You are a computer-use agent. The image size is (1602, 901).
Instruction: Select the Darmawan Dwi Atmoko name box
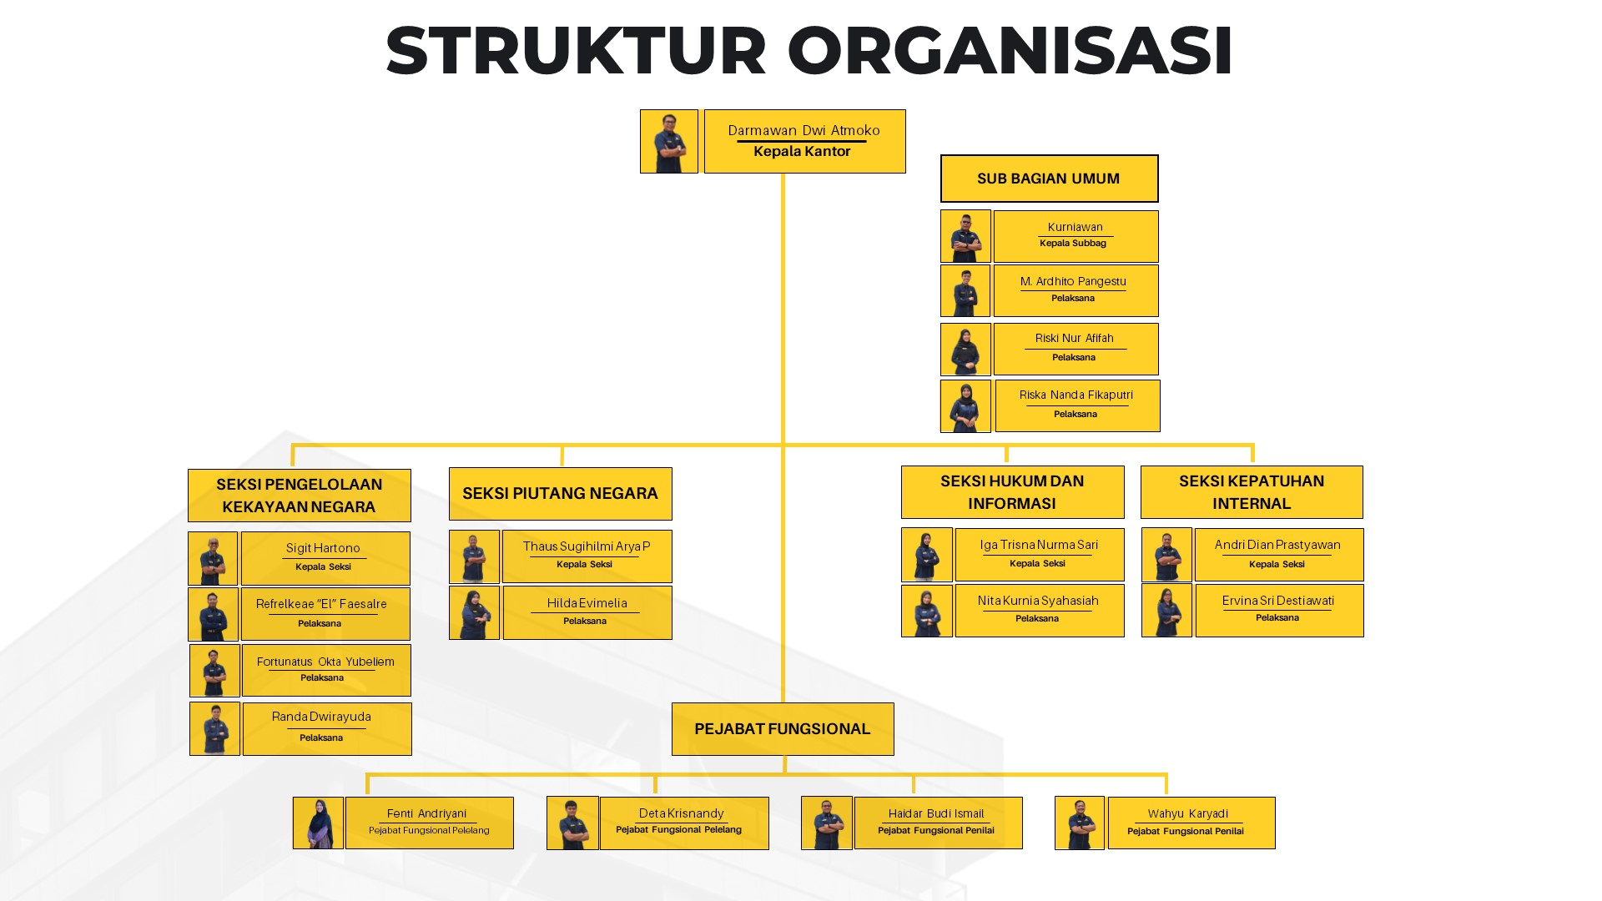[x=804, y=141]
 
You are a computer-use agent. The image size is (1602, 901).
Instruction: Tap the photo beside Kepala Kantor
[x=669, y=141]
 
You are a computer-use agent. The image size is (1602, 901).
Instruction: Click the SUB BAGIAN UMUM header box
[x=1049, y=179]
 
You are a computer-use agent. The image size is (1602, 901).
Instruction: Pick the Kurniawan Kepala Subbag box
[x=1076, y=236]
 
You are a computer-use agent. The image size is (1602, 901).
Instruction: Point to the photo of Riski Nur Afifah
[x=965, y=350]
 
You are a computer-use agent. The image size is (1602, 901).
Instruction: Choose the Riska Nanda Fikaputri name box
[x=1077, y=405]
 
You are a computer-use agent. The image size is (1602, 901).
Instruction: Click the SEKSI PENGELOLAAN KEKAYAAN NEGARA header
[x=300, y=496]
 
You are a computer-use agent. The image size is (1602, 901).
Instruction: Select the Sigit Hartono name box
[x=325, y=558]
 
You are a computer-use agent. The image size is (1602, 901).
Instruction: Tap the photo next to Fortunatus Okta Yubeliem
[x=214, y=671]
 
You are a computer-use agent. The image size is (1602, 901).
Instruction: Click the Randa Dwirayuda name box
[x=327, y=729]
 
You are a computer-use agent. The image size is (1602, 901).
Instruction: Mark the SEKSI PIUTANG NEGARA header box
[x=561, y=494]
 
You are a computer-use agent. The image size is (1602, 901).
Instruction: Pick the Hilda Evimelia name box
[x=587, y=613]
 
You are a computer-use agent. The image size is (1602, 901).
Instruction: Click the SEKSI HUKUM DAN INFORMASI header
[x=1013, y=492]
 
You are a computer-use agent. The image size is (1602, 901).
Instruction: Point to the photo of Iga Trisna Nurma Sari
[x=926, y=555]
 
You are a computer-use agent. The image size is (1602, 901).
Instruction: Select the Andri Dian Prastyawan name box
[x=1279, y=555]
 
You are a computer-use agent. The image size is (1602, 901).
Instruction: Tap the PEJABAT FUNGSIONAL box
[x=783, y=729]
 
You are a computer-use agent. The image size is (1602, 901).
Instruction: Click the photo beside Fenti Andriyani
[x=318, y=823]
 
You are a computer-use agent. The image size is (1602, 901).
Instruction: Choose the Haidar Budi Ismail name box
[x=939, y=823]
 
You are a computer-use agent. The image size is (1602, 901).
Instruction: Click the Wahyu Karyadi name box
[x=1191, y=823]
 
